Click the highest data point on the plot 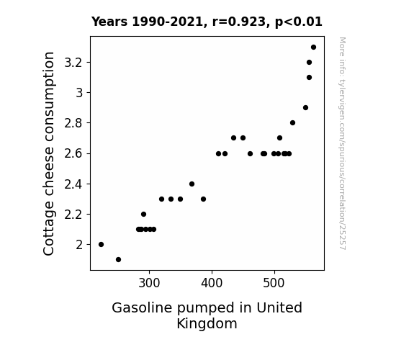click(313, 48)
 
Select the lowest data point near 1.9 click(118, 260)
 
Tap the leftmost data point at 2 click(101, 245)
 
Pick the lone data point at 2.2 click(143, 215)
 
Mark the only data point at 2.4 click(192, 184)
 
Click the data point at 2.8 click(292, 123)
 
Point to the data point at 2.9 click(305, 108)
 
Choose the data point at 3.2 click(309, 63)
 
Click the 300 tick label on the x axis click(149, 283)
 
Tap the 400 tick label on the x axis click(212, 283)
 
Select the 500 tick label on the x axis click(274, 283)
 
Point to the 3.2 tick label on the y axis click(73, 63)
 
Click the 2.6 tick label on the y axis click(73, 153)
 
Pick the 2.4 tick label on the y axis click(73, 184)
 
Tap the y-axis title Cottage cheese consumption click(48, 153)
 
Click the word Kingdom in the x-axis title click(207, 323)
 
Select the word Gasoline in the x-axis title click(142, 307)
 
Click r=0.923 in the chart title click(239, 22)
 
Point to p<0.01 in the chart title click(299, 22)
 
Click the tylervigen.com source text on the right click(342, 143)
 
